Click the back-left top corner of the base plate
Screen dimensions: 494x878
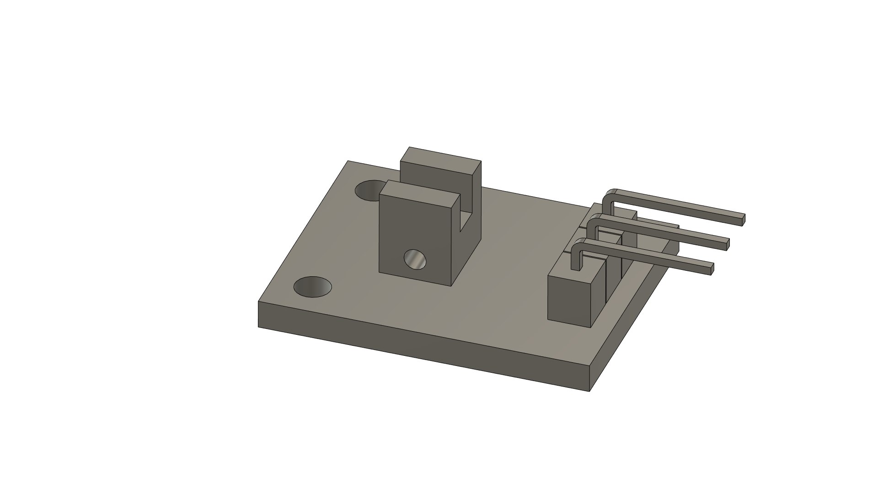348,161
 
